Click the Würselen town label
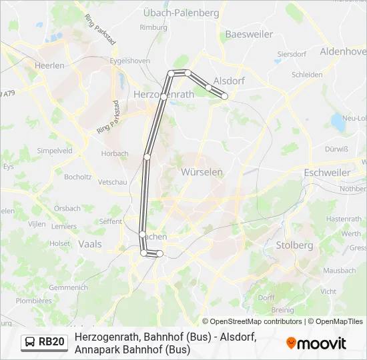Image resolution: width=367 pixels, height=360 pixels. point(202,172)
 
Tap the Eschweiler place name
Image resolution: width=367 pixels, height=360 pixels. point(326,172)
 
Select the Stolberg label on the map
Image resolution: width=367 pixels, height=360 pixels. point(294,245)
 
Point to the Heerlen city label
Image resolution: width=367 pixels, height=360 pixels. point(50,65)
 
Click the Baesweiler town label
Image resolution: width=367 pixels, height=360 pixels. point(248,34)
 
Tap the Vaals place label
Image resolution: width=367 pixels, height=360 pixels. point(90,244)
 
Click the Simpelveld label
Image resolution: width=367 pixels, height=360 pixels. point(55,151)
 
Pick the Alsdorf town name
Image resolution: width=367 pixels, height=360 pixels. point(229,81)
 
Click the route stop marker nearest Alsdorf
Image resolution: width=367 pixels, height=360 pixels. point(225,96)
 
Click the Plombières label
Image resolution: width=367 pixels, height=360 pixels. point(33,301)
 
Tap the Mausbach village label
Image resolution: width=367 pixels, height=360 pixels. point(340,271)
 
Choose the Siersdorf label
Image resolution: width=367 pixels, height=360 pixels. point(291,54)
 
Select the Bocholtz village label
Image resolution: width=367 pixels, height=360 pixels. point(78,177)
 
